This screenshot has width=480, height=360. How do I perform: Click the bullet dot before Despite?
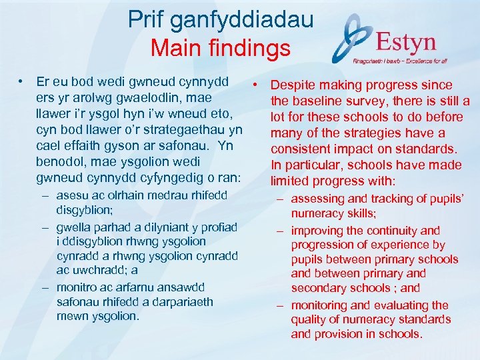(x=255, y=85)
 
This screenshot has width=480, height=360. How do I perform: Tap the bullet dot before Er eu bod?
(x=23, y=82)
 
